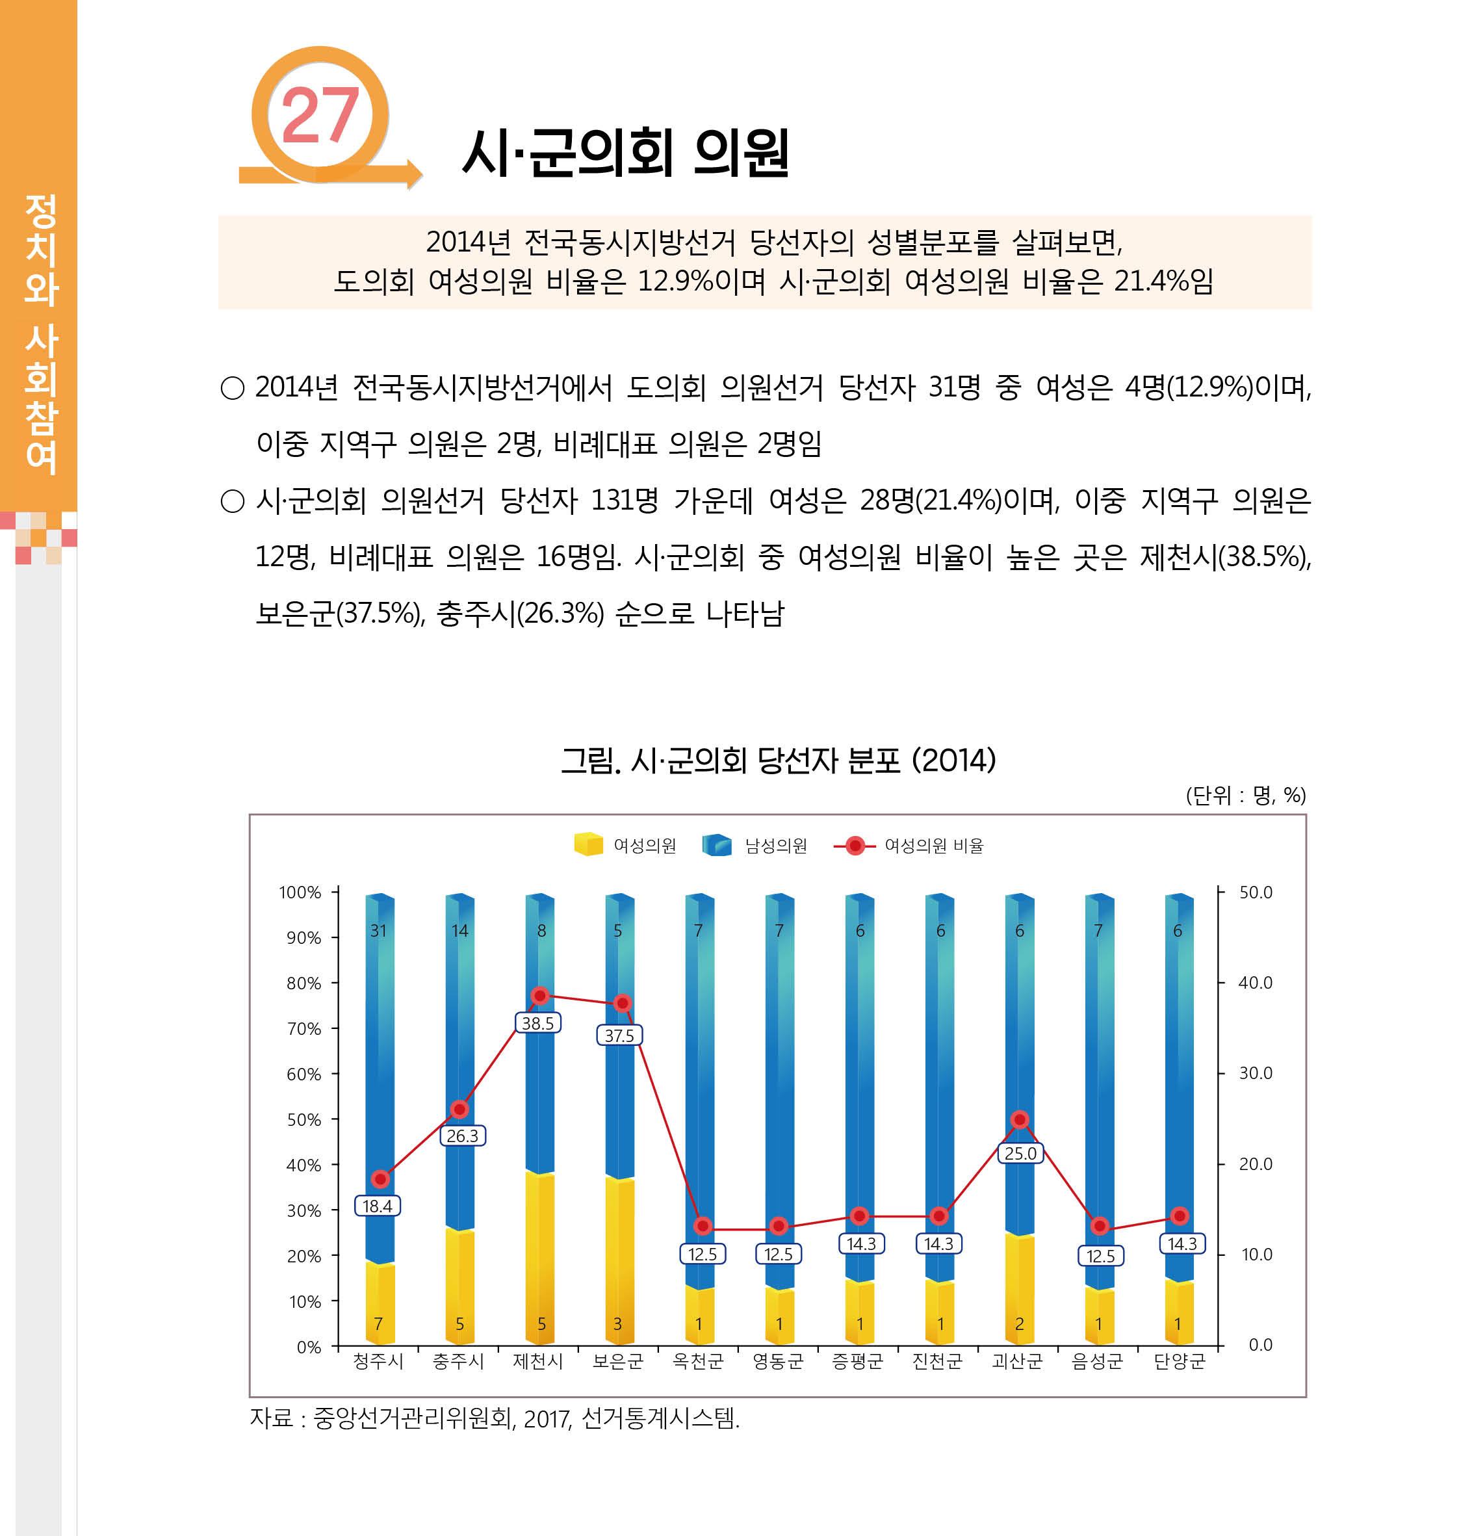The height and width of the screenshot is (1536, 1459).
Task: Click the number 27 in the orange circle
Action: pyautogui.click(x=320, y=115)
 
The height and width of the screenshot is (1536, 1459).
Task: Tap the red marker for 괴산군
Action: pyautogui.click(x=1020, y=1119)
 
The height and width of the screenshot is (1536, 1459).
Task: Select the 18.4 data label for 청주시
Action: pyautogui.click(x=377, y=1206)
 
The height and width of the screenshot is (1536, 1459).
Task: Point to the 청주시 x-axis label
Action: pyautogui.click(x=378, y=1361)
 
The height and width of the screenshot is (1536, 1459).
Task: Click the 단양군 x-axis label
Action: pyautogui.click(x=1178, y=1361)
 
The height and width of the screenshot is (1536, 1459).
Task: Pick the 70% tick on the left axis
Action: pyautogui.click(x=303, y=1028)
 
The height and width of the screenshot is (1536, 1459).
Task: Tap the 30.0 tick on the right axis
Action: pyautogui.click(x=1255, y=1073)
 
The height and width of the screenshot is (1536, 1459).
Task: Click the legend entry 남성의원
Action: pyautogui.click(x=775, y=846)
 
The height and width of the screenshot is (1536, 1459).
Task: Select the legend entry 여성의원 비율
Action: pyautogui.click(x=933, y=846)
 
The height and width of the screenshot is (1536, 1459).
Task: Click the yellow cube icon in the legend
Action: pyautogui.click(x=588, y=844)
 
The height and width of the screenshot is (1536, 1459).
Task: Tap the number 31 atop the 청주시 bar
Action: pyautogui.click(x=378, y=930)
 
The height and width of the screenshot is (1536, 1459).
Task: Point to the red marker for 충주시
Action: pyautogui.click(x=459, y=1109)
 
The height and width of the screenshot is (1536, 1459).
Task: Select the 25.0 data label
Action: pyautogui.click(x=1020, y=1153)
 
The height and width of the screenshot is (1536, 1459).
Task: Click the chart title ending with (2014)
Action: pyautogui.click(x=778, y=760)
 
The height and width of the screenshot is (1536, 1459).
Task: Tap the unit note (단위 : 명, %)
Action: pyautogui.click(x=1245, y=795)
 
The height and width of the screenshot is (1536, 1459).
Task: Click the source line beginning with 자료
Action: pyautogui.click(x=494, y=1418)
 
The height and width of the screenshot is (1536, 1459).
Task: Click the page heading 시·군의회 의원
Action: pyautogui.click(x=625, y=153)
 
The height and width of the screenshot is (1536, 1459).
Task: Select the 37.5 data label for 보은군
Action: pyautogui.click(x=619, y=1035)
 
